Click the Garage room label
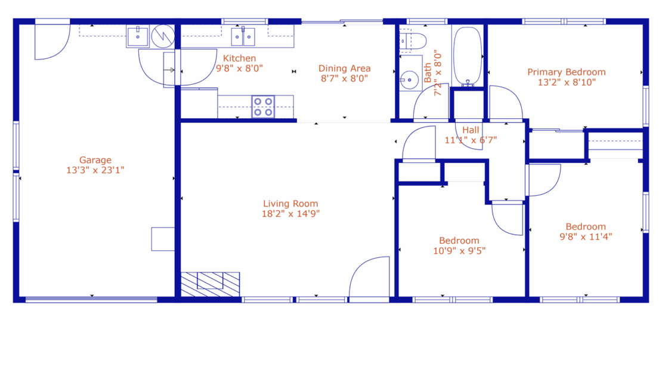click(x=95, y=160)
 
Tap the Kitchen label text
click(x=239, y=59)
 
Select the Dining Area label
click(x=344, y=68)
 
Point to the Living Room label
click(x=290, y=204)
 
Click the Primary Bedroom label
click(x=566, y=72)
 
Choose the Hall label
click(x=471, y=130)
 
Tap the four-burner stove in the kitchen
click(x=263, y=106)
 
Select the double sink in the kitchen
click(x=243, y=37)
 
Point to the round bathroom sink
click(x=409, y=79)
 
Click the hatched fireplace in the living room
click(x=210, y=284)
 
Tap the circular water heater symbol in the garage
click(x=162, y=36)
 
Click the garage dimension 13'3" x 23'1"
click(x=95, y=170)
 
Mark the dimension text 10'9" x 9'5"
click(x=459, y=251)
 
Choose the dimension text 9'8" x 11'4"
click(x=586, y=236)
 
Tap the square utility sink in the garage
click(x=138, y=36)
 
